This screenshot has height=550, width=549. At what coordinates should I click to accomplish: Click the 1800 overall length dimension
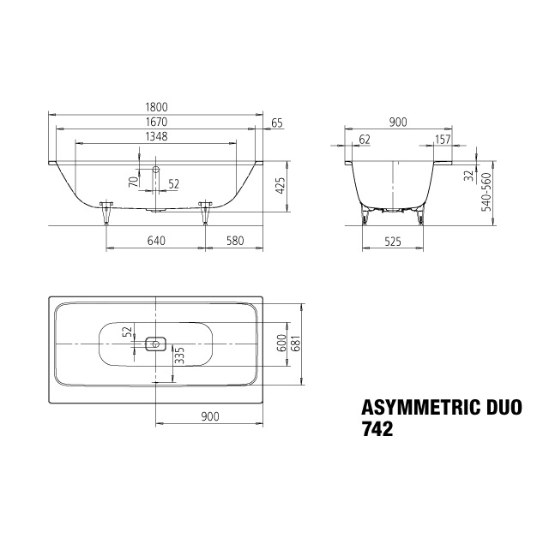(157, 107)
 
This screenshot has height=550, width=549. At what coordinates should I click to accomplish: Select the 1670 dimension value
(157, 122)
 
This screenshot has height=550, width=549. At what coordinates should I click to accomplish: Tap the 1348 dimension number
(157, 136)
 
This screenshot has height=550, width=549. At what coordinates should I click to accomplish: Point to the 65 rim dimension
(277, 123)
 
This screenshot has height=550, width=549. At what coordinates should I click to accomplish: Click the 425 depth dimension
(281, 186)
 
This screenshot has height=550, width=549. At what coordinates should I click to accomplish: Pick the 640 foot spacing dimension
(156, 241)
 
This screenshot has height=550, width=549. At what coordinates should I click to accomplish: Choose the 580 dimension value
(235, 241)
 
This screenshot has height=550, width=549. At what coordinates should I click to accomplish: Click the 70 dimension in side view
(134, 182)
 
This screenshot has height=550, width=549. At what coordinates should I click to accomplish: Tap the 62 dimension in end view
(365, 140)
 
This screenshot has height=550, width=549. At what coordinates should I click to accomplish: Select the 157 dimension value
(443, 140)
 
